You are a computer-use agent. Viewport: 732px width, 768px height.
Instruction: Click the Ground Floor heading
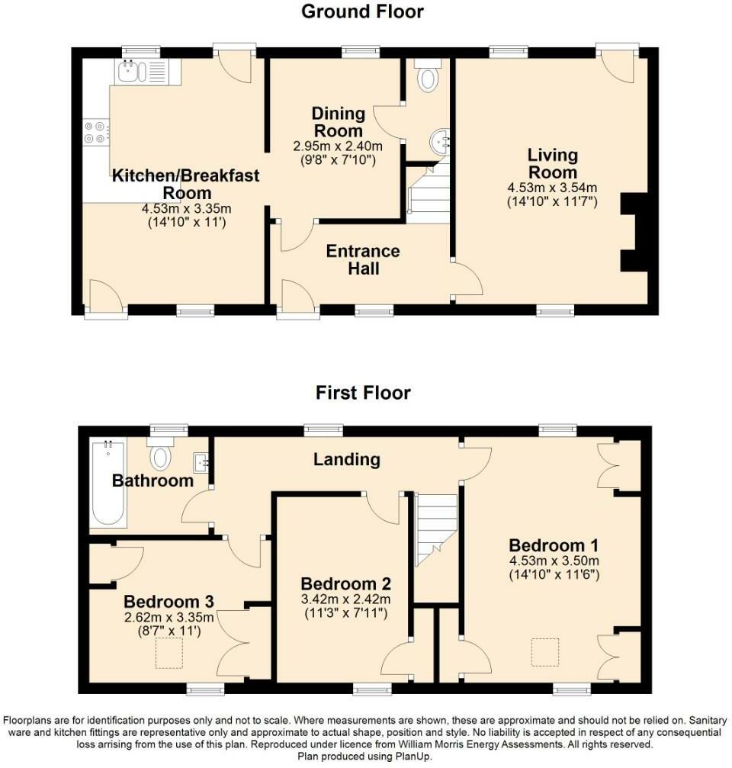coord(363,11)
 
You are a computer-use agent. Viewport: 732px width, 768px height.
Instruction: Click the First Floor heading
coord(363,393)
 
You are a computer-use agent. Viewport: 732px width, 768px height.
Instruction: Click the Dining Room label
coord(339,123)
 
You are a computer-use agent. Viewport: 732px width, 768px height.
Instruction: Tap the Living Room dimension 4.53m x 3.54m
coord(552,188)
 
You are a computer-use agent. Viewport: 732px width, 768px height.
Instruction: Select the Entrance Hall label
coord(363,259)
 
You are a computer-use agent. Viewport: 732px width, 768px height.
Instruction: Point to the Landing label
coord(347,459)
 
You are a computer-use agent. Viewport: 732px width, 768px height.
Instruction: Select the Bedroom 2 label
coord(345,583)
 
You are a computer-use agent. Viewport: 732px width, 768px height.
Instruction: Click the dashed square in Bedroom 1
coord(544,653)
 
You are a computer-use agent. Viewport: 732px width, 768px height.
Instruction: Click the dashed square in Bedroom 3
coord(169,654)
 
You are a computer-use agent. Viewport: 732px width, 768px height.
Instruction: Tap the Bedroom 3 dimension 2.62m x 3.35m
coord(169,617)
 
